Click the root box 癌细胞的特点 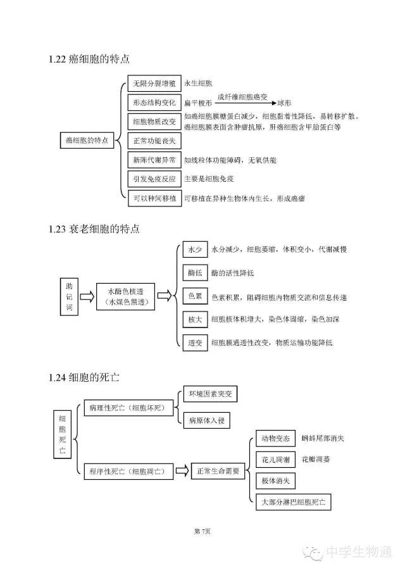coord(87,141)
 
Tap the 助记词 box coord(69,295)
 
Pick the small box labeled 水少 coord(194,249)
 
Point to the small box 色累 coord(194,296)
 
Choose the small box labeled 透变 coord(194,343)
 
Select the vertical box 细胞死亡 coord(62,434)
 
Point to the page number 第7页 coord(202,530)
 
